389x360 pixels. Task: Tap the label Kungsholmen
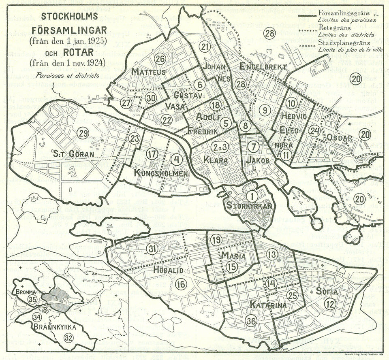click(161, 174)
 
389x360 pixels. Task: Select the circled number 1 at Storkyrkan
click(252, 196)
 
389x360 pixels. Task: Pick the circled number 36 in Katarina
click(251, 320)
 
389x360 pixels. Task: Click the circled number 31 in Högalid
click(152, 249)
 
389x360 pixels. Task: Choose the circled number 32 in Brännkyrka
click(68, 337)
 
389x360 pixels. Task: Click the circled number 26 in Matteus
click(160, 59)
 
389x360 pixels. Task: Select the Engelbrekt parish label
click(263, 66)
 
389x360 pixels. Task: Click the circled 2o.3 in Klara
click(219, 146)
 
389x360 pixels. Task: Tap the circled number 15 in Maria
click(231, 266)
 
